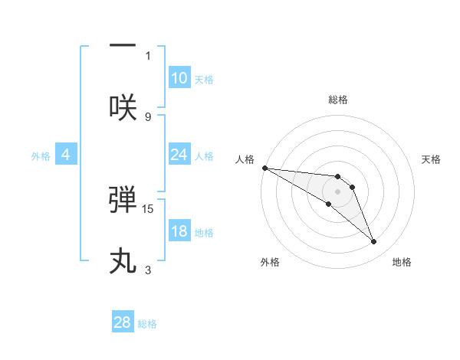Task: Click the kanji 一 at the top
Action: point(123,47)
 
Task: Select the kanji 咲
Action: point(123,108)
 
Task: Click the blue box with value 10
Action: point(179,78)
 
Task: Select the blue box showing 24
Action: point(179,155)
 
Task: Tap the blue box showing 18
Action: point(179,231)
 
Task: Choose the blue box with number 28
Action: point(123,322)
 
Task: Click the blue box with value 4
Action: point(66,155)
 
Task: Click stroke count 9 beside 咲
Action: point(148,116)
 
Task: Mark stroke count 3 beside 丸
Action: point(148,270)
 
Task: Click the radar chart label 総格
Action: point(338,100)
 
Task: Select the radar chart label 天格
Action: point(431,159)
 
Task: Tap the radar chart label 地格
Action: point(402,262)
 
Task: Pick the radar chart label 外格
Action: point(270,262)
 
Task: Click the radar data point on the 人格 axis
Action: point(264,168)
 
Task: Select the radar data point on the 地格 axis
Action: point(374,242)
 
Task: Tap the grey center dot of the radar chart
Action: point(337,191)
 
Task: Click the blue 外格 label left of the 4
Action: point(41,155)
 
